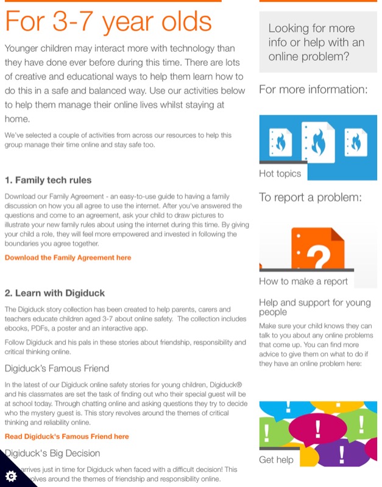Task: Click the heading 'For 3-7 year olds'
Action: click(108, 22)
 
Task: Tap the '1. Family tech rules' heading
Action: click(48, 180)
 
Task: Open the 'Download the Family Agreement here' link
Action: click(68, 258)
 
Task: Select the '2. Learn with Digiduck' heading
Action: click(55, 293)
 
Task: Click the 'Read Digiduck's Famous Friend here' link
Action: click(67, 436)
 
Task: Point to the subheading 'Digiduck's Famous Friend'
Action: click(57, 368)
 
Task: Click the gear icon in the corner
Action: click(10, 475)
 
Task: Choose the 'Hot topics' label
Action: click(280, 173)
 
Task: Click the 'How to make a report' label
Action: click(303, 281)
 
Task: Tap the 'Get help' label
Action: click(276, 460)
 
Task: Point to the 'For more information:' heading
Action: click(313, 90)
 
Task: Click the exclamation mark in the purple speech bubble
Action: click(342, 453)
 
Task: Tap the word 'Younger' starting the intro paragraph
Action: click(24, 48)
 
